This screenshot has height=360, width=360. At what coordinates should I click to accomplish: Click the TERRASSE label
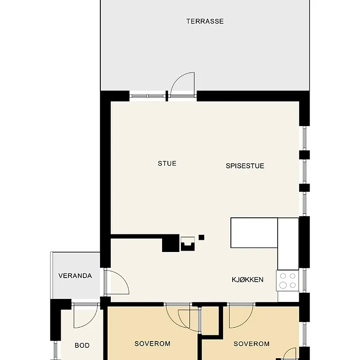click(x=205, y=21)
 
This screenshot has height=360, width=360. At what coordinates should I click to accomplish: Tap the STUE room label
click(x=167, y=163)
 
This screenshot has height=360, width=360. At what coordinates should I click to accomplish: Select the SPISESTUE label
click(x=245, y=166)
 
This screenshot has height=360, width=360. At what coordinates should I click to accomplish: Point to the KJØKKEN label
click(x=247, y=279)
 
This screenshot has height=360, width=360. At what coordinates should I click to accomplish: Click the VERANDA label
click(x=75, y=275)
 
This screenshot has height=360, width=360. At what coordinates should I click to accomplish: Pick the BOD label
click(x=82, y=345)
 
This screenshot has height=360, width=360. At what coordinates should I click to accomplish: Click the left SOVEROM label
click(x=153, y=343)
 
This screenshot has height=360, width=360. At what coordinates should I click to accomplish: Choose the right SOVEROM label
click(x=252, y=344)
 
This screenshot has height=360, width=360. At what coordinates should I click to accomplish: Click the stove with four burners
click(x=288, y=280)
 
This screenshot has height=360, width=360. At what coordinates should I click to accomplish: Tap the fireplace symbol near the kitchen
click(x=188, y=244)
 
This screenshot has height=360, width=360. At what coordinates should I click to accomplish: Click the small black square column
click(x=201, y=238)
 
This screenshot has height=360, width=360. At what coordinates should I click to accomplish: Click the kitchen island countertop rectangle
click(x=254, y=233)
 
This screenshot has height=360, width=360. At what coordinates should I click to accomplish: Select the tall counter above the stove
click(x=288, y=244)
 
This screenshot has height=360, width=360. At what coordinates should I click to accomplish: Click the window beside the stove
click(x=305, y=280)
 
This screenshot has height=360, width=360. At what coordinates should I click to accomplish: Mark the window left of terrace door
click(x=148, y=96)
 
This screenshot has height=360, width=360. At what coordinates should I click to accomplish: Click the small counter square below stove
click(x=288, y=297)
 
